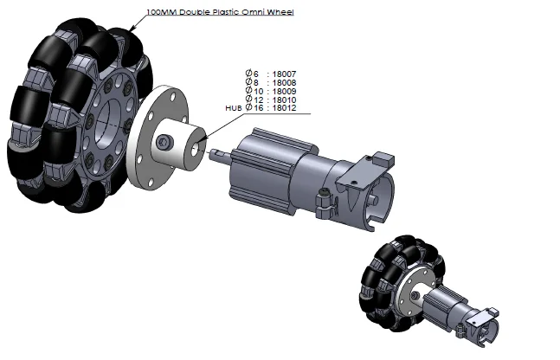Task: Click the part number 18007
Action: tap(284, 74)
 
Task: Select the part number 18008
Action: tap(284, 83)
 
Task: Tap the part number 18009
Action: tap(284, 92)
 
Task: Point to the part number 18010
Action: tap(284, 100)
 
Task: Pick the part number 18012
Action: tap(284, 108)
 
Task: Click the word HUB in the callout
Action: tap(234, 108)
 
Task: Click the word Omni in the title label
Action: tap(254, 12)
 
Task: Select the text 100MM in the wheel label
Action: tap(162, 12)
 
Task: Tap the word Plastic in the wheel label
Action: tap(227, 12)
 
